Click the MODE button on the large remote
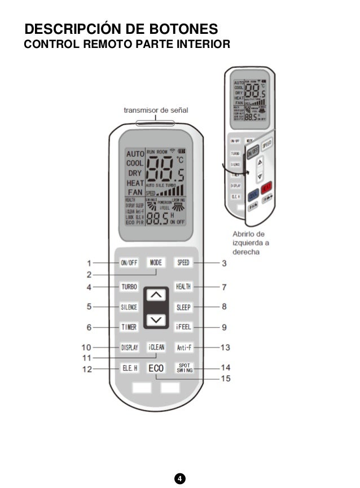[156, 262]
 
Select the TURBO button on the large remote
[129, 287]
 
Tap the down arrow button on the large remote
[156, 320]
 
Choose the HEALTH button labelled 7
[183, 287]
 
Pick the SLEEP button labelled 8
[183, 307]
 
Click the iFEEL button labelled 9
[183, 327]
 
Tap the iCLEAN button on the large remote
[156, 348]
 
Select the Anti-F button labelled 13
[183, 348]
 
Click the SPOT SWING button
[183, 368]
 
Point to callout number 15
[225, 379]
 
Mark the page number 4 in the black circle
[179, 479]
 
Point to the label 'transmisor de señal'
[156, 109]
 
